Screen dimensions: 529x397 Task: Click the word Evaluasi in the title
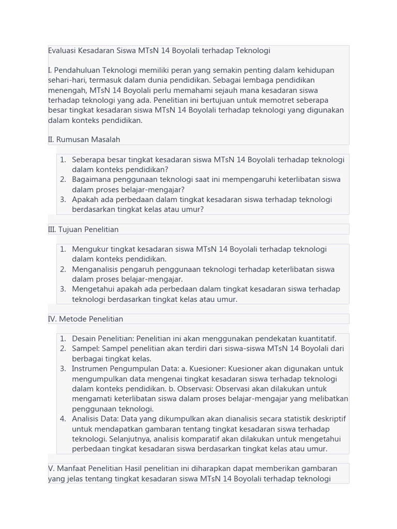pyautogui.click(x=64, y=51)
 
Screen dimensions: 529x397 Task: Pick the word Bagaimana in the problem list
pyautogui.click(x=91, y=179)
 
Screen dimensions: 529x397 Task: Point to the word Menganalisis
pyautogui.click(x=96, y=269)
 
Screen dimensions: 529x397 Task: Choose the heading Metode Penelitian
pyautogui.click(x=91, y=319)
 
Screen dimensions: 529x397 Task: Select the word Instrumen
pyautogui.click(x=90, y=369)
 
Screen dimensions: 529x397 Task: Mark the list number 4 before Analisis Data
pyautogui.click(x=63, y=419)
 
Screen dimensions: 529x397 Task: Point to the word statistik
pyautogui.click(x=289, y=419)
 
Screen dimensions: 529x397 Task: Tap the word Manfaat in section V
pyautogui.click(x=73, y=469)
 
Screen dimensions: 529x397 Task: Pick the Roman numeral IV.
pyautogui.click(x=52, y=319)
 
